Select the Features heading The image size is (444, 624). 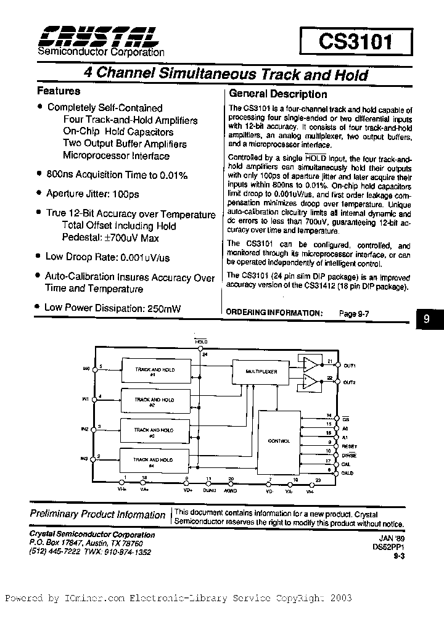[x=59, y=91]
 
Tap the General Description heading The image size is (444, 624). [x=278, y=94]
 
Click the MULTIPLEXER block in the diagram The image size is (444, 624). [x=261, y=372]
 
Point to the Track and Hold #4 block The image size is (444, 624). [x=154, y=462]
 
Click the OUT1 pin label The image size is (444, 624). [x=350, y=366]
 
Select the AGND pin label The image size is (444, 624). [x=231, y=490]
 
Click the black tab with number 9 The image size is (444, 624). [x=427, y=320]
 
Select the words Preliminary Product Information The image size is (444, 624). [x=97, y=515]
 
